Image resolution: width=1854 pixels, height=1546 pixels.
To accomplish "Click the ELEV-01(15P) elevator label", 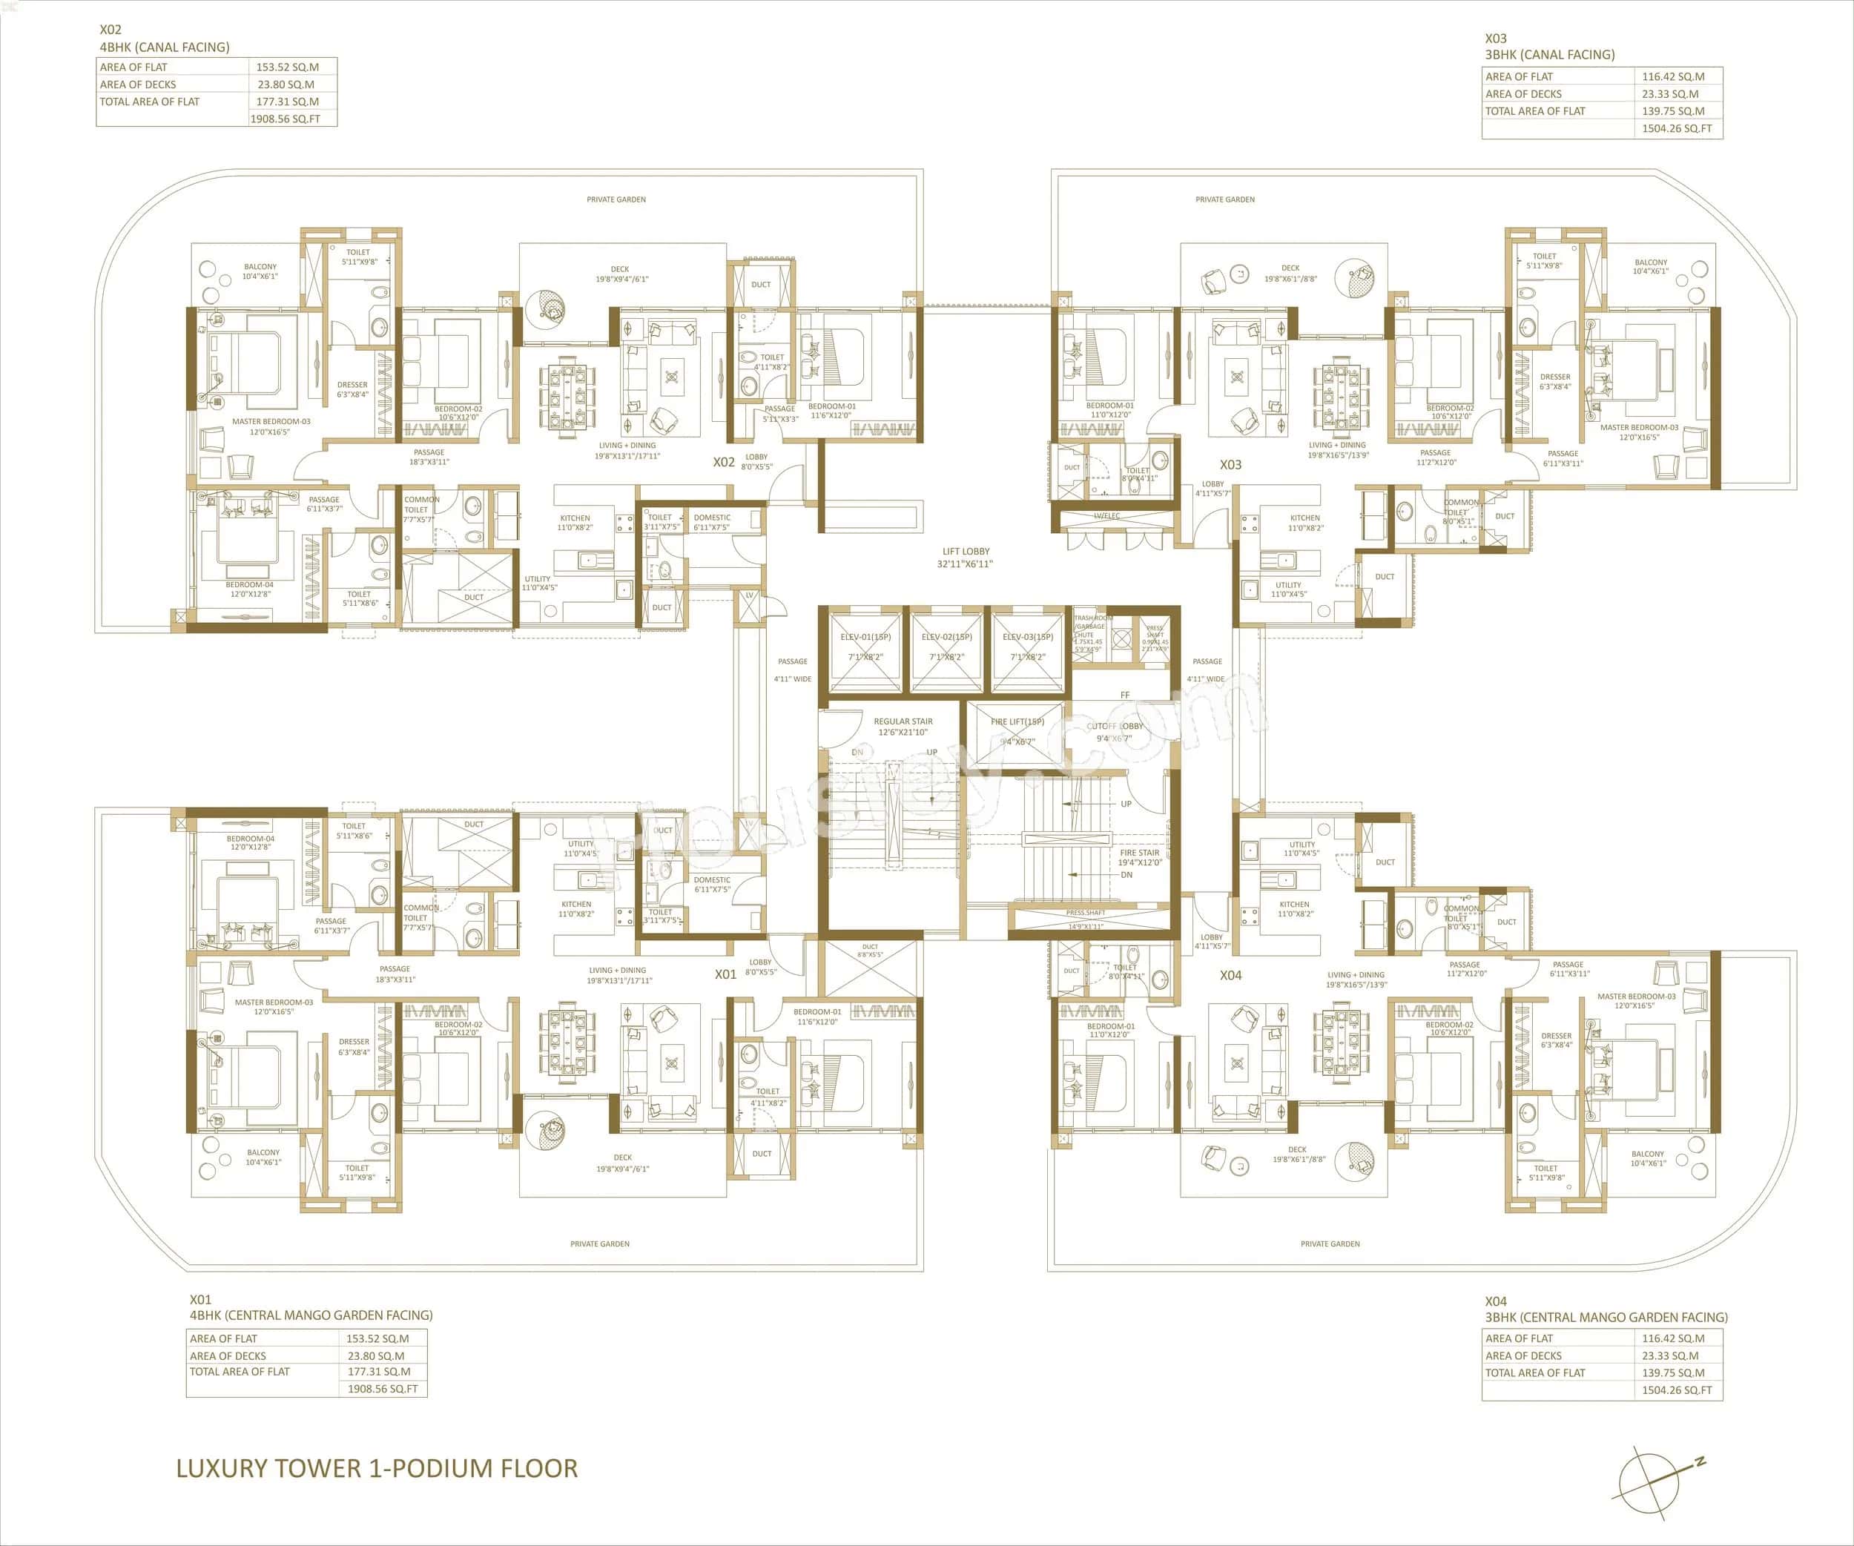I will (865, 637).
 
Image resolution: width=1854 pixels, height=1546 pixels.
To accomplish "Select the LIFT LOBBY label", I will (965, 552).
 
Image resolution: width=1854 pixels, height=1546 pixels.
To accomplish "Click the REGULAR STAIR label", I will (903, 721).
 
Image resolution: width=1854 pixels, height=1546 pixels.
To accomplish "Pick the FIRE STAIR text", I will (1140, 853).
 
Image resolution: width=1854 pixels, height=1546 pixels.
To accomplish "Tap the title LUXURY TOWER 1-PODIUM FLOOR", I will (377, 1468).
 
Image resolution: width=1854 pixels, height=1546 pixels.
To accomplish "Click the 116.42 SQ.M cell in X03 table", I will (1673, 77).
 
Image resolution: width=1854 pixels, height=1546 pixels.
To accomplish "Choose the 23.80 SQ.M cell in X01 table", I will (376, 1355).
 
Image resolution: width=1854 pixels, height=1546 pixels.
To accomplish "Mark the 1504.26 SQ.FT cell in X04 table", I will (1677, 1390).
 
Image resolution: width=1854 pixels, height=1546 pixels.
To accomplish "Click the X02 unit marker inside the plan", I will (724, 462).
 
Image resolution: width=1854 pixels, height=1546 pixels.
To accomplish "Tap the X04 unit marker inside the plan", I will (1231, 976).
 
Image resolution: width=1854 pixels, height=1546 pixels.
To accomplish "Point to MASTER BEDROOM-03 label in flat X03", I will (1640, 427).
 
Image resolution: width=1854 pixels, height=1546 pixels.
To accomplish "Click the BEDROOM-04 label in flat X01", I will (251, 839).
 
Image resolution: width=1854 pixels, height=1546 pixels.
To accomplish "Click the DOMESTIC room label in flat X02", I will (712, 518).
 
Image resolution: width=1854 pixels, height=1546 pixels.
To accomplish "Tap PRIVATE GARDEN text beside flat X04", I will (1330, 1244).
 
